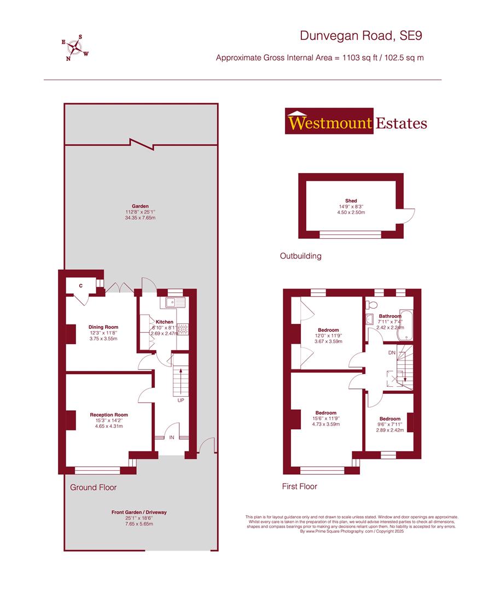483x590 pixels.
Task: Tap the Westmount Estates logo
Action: [x=356, y=123]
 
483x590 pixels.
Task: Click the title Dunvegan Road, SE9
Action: [x=361, y=36]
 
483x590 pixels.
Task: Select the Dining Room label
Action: [x=103, y=327]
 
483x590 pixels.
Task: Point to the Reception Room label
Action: [x=109, y=415]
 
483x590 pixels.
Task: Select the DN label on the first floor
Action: [x=392, y=353]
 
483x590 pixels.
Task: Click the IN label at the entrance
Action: [x=172, y=438]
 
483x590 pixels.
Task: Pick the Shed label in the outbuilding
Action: [x=351, y=200]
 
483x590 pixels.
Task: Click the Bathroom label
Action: [x=389, y=316]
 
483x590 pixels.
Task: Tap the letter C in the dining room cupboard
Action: [x=80, y=286]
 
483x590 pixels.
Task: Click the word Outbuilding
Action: [x=300, y=256]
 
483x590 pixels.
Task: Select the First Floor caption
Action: [x=299, y=486]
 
